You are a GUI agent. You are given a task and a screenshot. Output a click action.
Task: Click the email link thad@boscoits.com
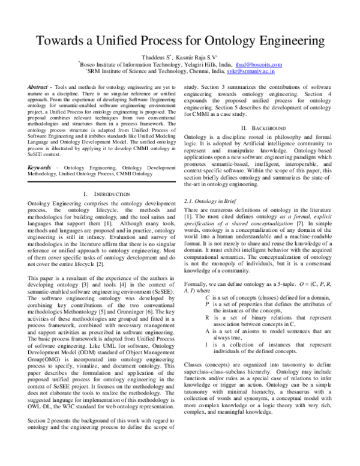pyautogui.click(x=258, y=64)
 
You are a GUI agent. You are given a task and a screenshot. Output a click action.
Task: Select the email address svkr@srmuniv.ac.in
pyautogui.click(x=251, y=71)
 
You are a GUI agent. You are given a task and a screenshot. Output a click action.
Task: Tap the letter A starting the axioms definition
pyautogui.click(x=207, y=330)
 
